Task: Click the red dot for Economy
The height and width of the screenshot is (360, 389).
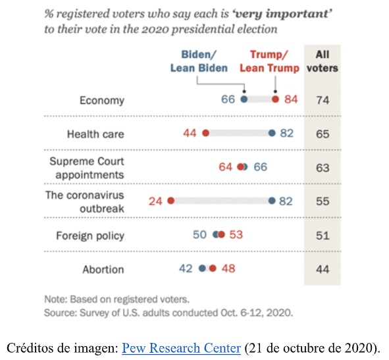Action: coord(276,99)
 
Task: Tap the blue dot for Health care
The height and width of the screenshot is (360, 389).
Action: coord(272,134)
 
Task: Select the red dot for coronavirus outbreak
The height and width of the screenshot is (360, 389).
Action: coord(170,201)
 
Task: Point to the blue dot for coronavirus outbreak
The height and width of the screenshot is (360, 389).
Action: coord(272,201)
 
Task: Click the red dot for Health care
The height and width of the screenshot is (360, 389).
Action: coord(205,134)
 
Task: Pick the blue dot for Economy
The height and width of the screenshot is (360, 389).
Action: coord(244,99)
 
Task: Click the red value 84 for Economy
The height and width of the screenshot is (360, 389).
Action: coord(291,99)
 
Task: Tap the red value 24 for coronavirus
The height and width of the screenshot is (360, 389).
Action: coord(155,201)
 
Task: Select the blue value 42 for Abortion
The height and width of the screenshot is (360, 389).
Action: coord(186,269)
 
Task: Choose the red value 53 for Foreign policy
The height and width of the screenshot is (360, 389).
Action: coord(235,235)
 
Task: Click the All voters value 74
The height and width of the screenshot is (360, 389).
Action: coord(323,100)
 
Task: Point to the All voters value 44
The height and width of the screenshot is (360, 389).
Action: coord(323,269)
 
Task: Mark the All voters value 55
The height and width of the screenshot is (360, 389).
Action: coord(323,201)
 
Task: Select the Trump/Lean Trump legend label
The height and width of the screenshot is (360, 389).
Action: coord(269,61)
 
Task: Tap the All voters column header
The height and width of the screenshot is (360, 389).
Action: coord(323,61)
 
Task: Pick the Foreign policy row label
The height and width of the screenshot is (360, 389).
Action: coord(90,235)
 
